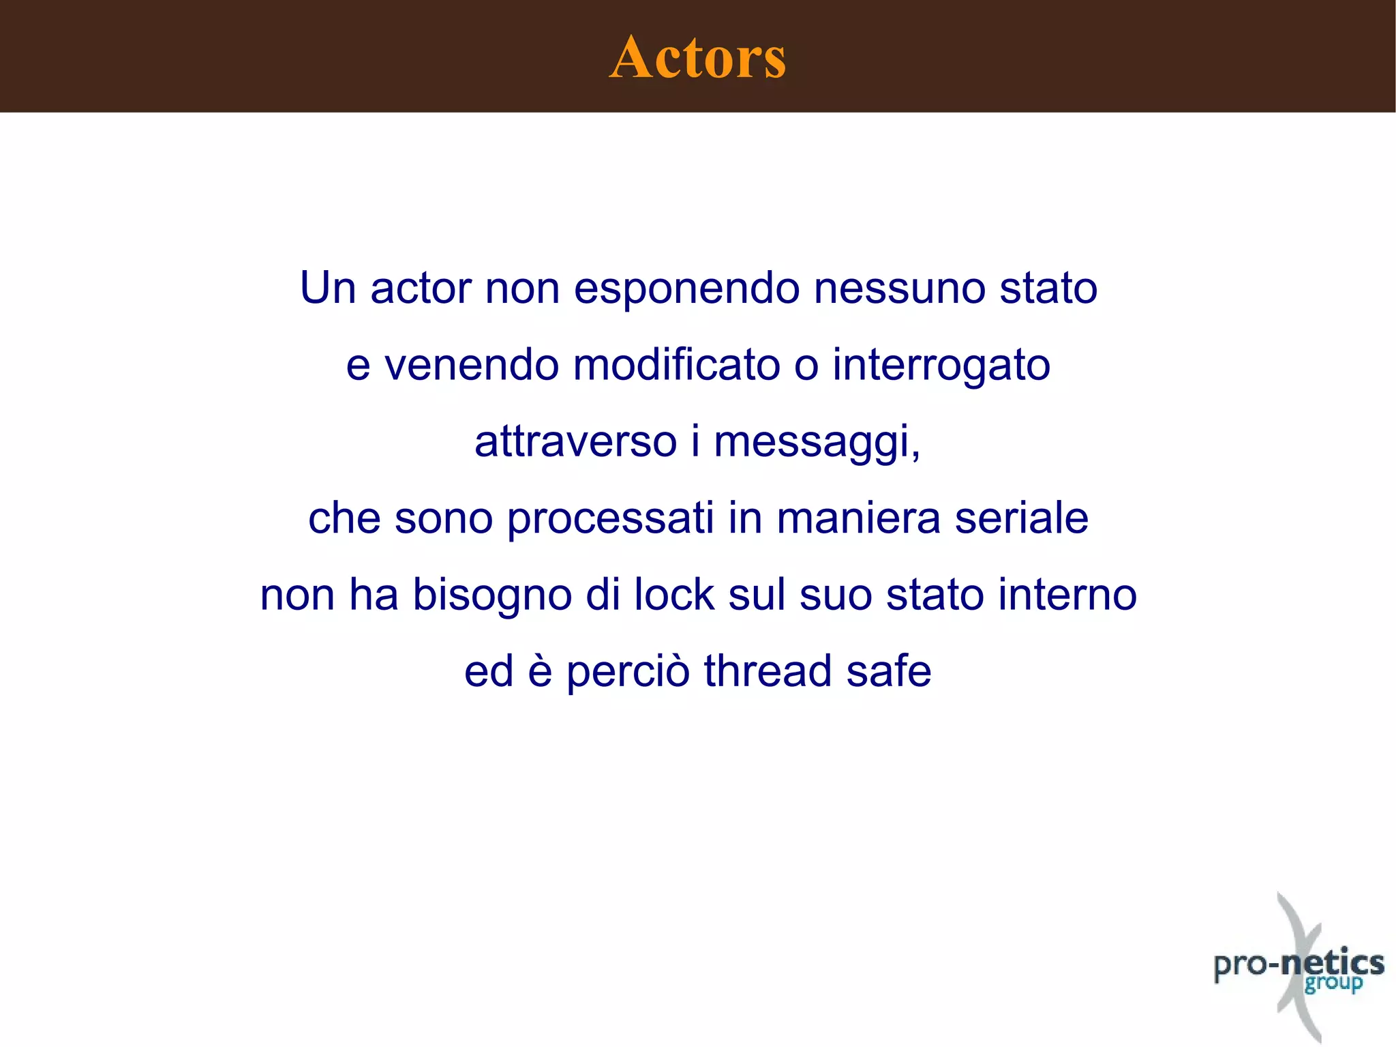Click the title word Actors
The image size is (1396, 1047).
[x=697, y=57]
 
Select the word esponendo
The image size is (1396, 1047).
[x=686, y=289]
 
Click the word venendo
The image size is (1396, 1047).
[x=472, y=365]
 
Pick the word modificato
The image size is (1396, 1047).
[x=676, y=365]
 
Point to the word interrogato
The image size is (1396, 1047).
[x=941, y=365]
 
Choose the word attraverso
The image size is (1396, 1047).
[x=575, y=441]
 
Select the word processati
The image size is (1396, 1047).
[x=610, y=518]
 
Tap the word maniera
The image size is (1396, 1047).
[x=858, y=518]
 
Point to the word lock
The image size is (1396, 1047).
[x=673, y=595]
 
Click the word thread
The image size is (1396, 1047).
[x=768, y=671]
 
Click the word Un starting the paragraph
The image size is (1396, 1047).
[x=328, y=289]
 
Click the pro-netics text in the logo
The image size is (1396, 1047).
[x=1299, y=964]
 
